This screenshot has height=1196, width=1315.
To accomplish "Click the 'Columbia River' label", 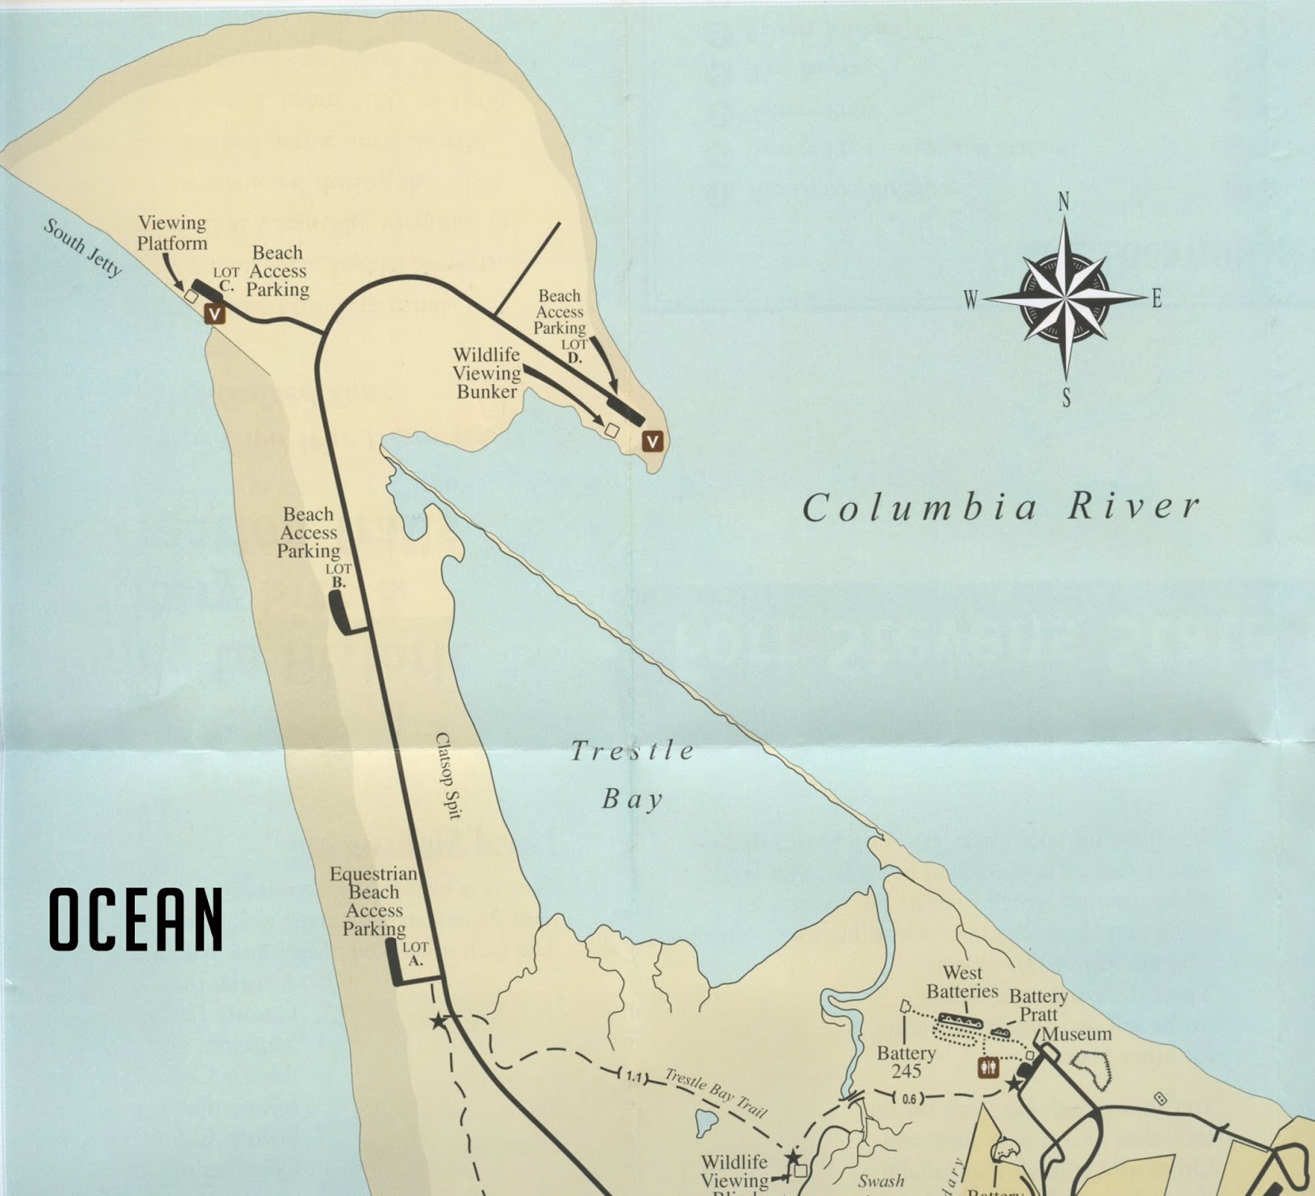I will pyautogui.click(x=1001, y=506).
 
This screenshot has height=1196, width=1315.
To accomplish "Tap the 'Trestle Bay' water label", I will pyautogui.click(x=632, y=773).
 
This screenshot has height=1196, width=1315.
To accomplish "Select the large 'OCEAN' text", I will pyautogui.click(x=136, y=919).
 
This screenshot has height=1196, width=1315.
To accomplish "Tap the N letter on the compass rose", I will pyautogui.click(x=1064, y=201).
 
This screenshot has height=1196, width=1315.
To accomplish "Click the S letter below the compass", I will pyautogui.click(x=1066, y=399).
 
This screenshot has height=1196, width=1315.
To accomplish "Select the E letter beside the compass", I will pyautogui.click(x=1156, y=299).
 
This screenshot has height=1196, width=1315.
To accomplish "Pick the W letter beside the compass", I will pyautogui.click(x=971, y=300).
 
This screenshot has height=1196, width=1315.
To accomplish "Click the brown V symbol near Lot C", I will pyautogui.click(x=215, y=313).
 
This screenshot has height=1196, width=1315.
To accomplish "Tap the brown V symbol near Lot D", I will pyautogui.click(x=653, y=441).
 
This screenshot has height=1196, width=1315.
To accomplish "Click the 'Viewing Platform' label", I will pyautogui.click(x=172, y=233).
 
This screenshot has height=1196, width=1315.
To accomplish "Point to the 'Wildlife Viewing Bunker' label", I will pyautogui.click(x=487, y=372).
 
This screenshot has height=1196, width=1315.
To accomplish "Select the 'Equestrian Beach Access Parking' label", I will pyautogui.click(x=374, y=901).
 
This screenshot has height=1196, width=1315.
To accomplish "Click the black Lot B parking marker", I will pyautogui.click(x=340, y=612).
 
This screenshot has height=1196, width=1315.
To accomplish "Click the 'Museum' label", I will pyautogui.click(x=1077, y=1034).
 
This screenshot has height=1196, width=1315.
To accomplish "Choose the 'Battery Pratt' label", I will pyautogui.click(x=1038, y=1005).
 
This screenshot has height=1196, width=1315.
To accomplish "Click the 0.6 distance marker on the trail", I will pyautogui.click(x=910, y=1098).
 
